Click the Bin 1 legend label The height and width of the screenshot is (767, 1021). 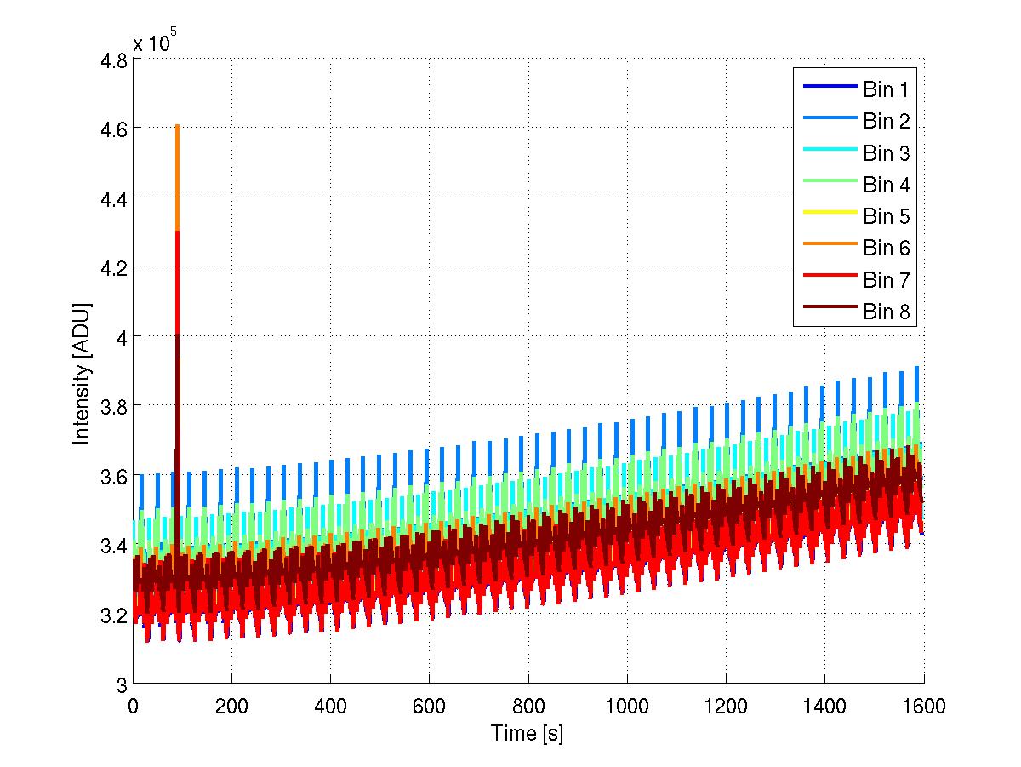tap(887, 90)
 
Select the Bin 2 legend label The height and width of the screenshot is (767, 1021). tap(887, 122)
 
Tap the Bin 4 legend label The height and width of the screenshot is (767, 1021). tap(887, 185)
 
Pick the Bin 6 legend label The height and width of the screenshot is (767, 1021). tap(887, 248)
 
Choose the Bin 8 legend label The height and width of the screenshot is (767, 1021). tap(887, 312)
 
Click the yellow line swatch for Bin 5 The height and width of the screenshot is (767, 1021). tap(828, 216)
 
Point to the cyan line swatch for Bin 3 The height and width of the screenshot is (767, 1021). tap(828, 153)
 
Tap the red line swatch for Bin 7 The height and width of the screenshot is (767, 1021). tap(828, 280)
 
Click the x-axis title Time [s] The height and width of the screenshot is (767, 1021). tap(528, 733)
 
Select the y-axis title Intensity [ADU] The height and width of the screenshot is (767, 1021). tap(82, 372)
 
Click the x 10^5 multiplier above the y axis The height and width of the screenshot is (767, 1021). tap(153, 43)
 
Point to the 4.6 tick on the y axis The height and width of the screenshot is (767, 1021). tap(114, 129)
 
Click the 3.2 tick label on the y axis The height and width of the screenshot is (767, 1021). tap(114, 615)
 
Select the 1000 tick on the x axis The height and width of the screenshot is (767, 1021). tap(627, 706)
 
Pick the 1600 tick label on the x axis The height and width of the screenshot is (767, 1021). tap(923, 706)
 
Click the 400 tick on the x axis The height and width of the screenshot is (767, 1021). tap(330, 706)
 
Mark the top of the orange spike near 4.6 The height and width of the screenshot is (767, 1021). tap(177, 127)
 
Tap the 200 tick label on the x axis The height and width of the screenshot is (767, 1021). tap(231, 706)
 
